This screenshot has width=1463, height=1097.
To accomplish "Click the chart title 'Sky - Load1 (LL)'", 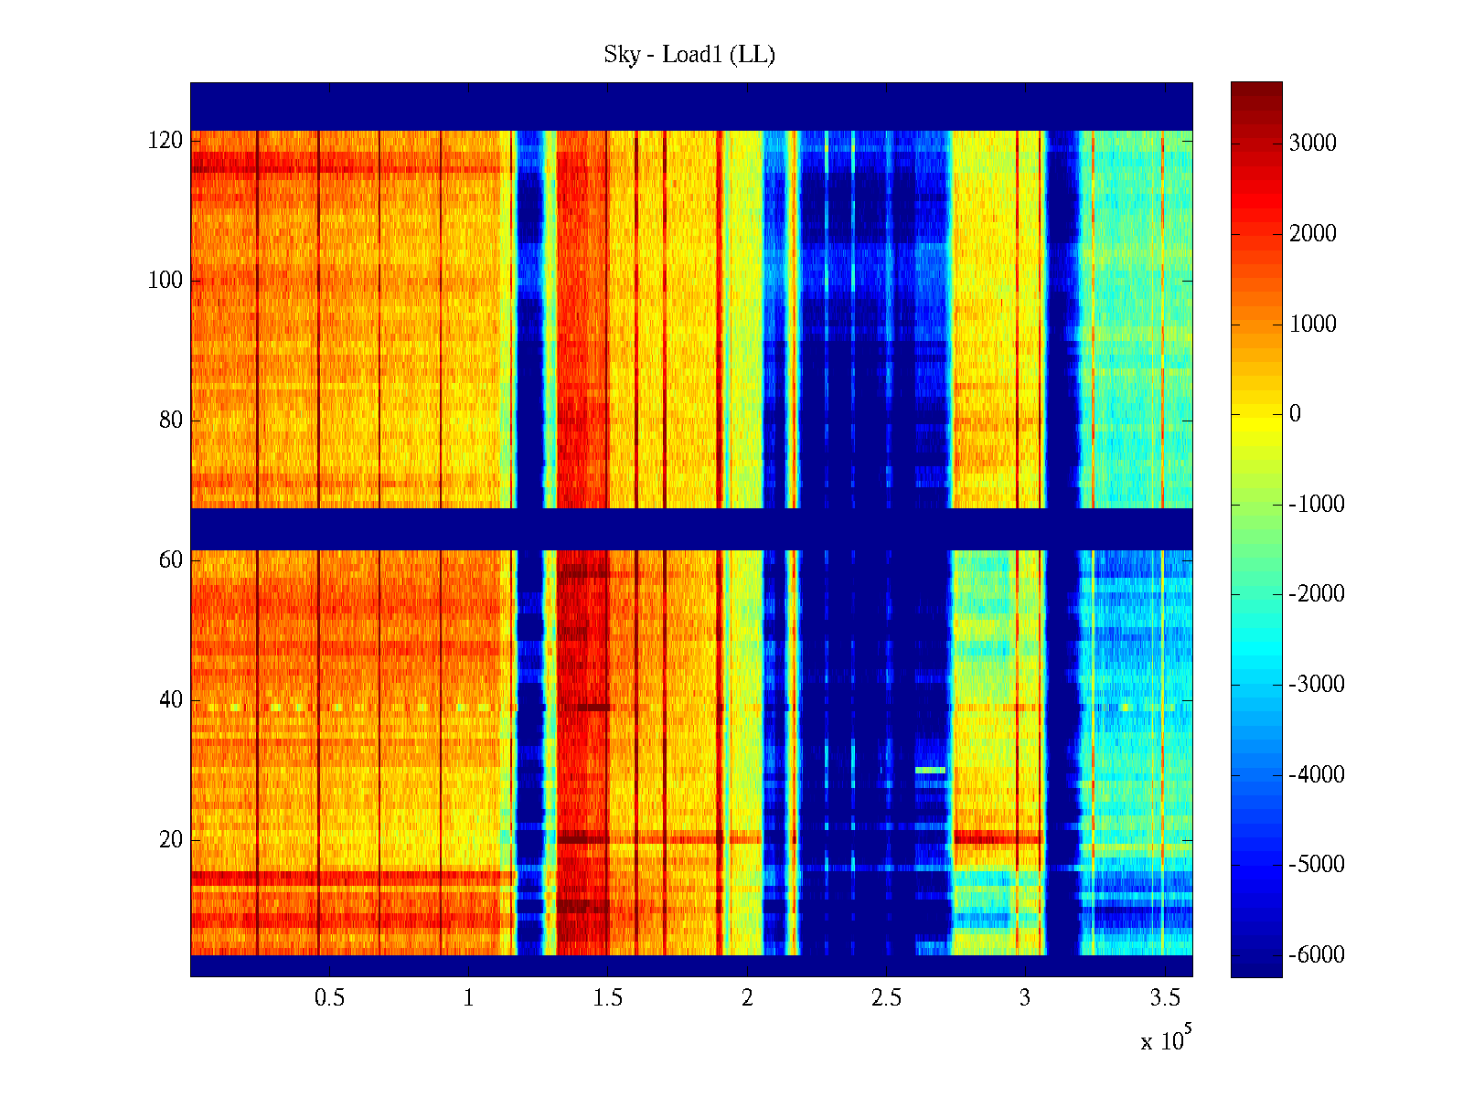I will pos(689,55).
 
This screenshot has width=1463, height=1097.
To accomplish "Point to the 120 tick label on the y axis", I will pos(166,141).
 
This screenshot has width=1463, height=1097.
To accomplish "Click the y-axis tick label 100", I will pos(166,281).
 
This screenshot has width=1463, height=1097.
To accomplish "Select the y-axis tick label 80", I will pos(171,421).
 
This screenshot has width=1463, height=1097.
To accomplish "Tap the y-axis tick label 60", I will pos(171,560).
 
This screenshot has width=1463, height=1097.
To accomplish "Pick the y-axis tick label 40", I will pos(171,700).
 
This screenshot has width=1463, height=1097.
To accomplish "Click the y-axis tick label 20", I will pos(171,840).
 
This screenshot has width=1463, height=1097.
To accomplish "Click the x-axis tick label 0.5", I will pos(330,997).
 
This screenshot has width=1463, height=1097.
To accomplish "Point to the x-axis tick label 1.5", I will pos(608,997).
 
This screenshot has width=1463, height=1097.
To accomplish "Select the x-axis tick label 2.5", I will pos(886,997).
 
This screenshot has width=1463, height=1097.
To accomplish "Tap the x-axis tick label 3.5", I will pos(1165,997).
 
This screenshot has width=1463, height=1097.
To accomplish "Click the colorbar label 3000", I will pos(1313,143).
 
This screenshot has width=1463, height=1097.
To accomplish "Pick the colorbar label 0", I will pos(1295,414).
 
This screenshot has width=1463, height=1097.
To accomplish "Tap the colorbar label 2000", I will pos(1313,233).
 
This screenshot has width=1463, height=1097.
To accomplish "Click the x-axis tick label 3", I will pos(1025,997).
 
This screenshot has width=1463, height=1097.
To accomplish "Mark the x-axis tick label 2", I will pos(747,997).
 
